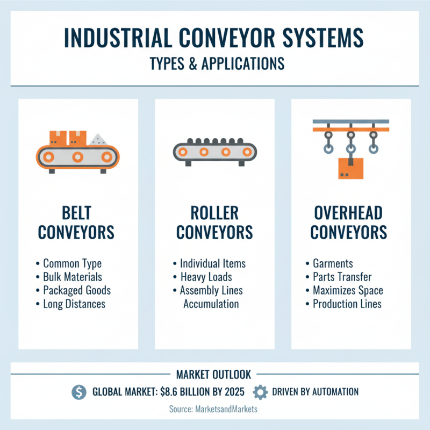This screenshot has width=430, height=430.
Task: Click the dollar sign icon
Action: click(78, 392)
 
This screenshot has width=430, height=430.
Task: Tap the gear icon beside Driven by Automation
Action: click(260, 392)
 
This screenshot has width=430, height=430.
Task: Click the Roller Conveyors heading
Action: click(214, 223)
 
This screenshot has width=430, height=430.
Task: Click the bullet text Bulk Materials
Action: click(73, 277)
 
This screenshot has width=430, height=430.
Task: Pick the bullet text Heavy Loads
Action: click(206, 277)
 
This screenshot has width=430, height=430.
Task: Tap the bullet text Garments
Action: click(333, 264)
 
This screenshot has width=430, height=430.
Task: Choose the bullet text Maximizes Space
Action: click(348, 291)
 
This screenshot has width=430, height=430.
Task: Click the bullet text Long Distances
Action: click(74, 304)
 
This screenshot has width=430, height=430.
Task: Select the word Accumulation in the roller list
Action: click(211, 304)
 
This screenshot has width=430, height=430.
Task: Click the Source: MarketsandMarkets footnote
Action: click(214, 409)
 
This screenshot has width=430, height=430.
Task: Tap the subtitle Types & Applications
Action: click(214, 63)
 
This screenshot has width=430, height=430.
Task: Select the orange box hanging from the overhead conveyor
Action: click(350, 168)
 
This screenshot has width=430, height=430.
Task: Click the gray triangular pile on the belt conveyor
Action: click(99, 139)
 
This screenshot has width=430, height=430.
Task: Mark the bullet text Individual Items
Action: click(213, 264)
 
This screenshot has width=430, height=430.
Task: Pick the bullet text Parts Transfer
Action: click(342, 277)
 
